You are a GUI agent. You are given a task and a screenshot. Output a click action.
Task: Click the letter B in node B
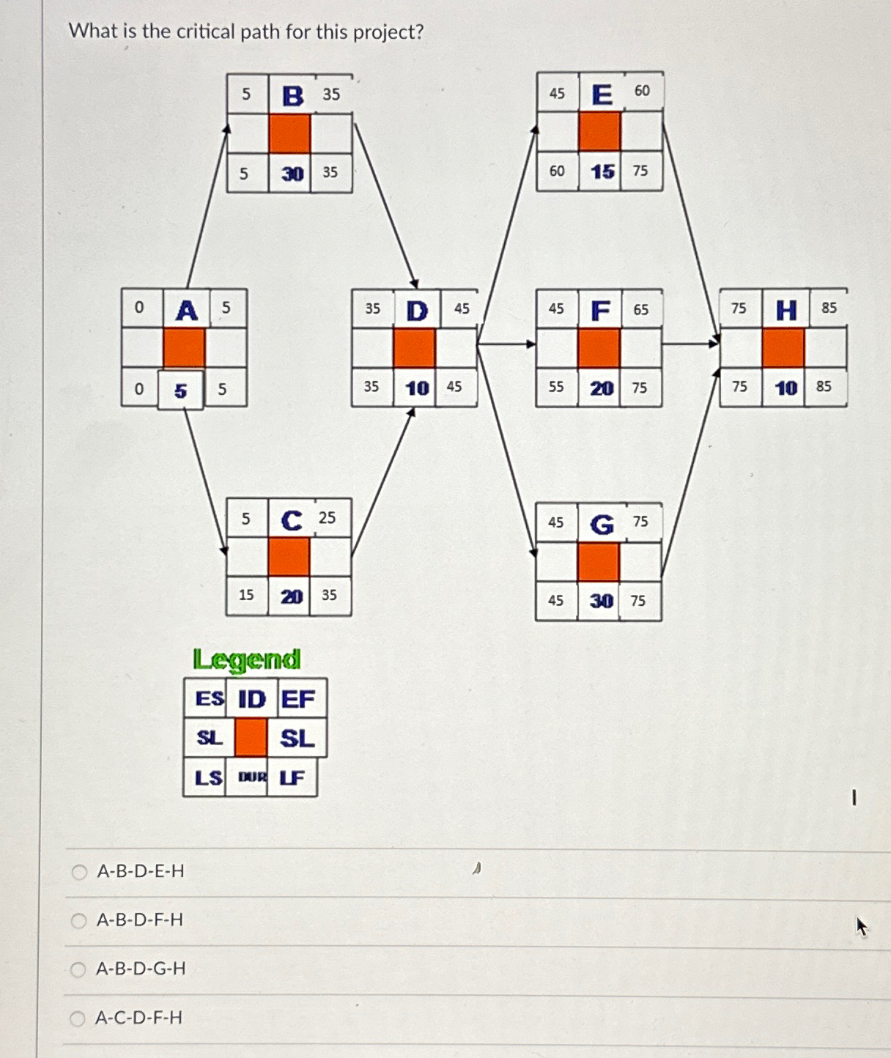click(x=292, y=95)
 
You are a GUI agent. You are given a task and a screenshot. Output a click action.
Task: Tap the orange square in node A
click(x=184, y=347)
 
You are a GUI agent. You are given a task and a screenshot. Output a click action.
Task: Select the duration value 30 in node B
click(x=292, y=174)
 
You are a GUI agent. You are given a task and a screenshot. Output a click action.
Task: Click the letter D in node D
click(x=417, y=311)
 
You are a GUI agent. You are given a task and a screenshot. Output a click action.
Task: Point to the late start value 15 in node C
click(x=246, y=595)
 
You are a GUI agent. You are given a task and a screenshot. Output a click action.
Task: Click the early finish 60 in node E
click(x=642, y=91)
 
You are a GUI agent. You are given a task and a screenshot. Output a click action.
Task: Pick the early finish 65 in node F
click(x=641, y=310)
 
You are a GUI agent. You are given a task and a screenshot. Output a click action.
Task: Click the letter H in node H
click(x=786, y=311)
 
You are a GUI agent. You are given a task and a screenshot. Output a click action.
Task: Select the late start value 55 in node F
click(x=556, y=387)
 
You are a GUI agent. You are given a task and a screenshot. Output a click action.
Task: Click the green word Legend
click(x=247, y=660)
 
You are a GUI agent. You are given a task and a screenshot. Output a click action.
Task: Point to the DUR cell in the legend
click(x=251, y=777)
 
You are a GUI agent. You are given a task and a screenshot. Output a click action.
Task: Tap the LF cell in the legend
click(x=292, y=777)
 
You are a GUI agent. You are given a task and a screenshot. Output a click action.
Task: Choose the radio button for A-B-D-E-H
click(x=79, y=872)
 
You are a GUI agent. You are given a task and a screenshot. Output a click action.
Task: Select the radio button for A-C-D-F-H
click(x=78, y=1018)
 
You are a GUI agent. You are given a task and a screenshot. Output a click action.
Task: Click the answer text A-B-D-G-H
click(x=141, y=969)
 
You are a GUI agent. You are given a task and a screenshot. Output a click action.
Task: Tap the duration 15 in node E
click(x=602, y=171)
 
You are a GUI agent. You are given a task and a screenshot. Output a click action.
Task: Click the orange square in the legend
click(x=251, y=738)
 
